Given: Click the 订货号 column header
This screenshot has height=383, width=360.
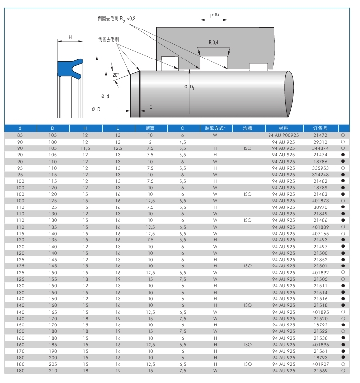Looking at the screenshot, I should pyautogui.click(x=320, y=128).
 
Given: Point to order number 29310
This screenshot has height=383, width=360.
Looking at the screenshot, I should pyautogui.click(x=320, y=142).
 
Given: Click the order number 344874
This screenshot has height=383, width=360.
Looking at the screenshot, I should pyautogui.click(x=320, y=148).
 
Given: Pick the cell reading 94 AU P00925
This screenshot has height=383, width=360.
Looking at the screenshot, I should pyautogui.click(x=283, y=135).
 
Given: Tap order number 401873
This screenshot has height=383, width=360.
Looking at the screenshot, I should pyautogui.click(x=320, y=201).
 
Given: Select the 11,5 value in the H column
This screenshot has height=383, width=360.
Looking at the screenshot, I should pyautogui.click(x=85, y=148).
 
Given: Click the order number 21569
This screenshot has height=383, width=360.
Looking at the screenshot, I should pyautogui.click(x=320, y=371).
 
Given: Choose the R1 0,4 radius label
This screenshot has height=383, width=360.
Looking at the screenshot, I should pyautogui.click(x=213, y=43).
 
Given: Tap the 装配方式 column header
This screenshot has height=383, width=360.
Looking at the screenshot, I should pyautogui.click(x=215, y=128).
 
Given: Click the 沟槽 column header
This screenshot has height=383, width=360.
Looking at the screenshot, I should pyautogui.click(x=247, y=128).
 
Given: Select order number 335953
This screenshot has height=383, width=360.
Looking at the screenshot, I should pyautogui.click(x=320, y=168).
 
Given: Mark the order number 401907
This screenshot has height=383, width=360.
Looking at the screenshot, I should pyautogui.click(x=320, y=364).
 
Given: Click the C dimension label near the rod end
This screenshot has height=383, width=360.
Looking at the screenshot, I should pyautogui.click(x=150, y=107).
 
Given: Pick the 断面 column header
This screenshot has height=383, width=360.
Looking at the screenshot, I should pyautogui.click(x=150, y=128).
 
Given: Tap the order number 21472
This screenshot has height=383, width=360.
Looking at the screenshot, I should pyautogui.click(x=320, y=135).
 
